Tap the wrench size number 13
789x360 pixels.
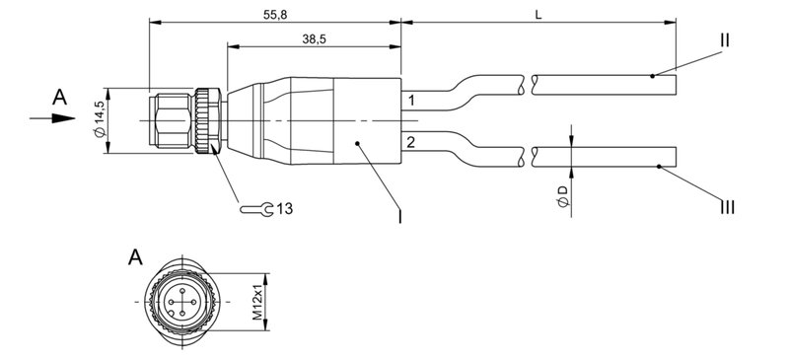[x=284, y=209]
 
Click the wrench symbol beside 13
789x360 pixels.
[x=257, y=209]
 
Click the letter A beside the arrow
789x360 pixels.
[x=60, y=97]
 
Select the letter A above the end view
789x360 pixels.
[x=136, y=258]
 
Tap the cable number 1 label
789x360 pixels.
[x=411, y=101]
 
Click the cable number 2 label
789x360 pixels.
[x=411, y=143]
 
